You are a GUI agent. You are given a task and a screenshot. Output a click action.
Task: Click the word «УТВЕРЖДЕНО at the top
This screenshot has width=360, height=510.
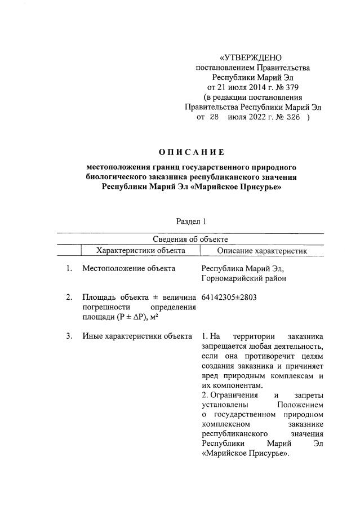[x=252, y=58]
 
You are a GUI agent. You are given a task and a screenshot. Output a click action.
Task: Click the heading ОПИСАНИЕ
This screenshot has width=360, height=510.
[x=191, y=152]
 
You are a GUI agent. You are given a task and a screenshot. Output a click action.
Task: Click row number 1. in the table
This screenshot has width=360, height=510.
[x=68, y=268]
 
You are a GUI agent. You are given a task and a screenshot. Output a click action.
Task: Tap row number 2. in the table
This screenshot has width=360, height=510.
[x=68, y=297]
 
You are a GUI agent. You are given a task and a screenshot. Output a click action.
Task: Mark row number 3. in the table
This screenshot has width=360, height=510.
[x=68, y=336]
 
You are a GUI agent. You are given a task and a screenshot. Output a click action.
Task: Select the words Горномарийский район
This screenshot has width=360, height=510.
[x=243, y=278]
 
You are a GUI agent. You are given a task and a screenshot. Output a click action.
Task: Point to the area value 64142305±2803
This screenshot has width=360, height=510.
[x=229, y=297]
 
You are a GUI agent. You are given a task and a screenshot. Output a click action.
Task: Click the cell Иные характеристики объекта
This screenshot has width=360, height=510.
[x=137, y=336]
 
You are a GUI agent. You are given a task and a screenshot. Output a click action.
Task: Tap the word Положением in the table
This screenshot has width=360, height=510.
[x=301, y=405]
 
